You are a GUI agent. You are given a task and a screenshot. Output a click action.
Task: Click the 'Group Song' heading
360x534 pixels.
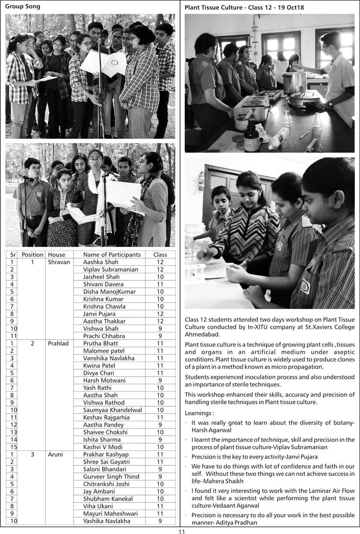(x=23, y=7)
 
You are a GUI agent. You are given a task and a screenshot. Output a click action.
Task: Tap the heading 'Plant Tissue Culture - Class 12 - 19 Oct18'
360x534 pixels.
(x=244, y=8)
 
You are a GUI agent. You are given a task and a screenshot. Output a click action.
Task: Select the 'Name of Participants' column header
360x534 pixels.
(x=112, y=255)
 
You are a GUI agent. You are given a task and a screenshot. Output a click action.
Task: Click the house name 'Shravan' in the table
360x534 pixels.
(x=59, y=262)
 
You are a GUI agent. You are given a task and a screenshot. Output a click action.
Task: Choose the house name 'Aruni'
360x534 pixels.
(x=56, y=454)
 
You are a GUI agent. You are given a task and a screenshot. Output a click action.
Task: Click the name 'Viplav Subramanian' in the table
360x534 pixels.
(x=110, y=269)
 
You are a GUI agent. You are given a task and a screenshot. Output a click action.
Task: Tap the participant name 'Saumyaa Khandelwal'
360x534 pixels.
(x=112, y=410)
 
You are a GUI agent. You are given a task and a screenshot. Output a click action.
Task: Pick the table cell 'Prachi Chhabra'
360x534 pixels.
(x=104, y=336)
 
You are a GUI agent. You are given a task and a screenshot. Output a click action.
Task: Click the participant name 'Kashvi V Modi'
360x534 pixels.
(x=103, y=447)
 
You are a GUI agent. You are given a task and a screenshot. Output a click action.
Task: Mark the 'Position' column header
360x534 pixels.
(x=33, y=255)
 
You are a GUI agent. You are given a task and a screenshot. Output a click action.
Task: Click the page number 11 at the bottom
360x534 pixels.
(x=181, y=531)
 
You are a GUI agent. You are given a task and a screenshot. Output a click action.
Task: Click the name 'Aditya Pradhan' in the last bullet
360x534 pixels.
(x=235, y=522)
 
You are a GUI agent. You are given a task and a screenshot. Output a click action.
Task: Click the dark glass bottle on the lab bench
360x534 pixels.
(x=252, y=137)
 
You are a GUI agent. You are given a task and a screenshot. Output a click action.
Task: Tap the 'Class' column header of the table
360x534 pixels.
(x=160, y=255)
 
